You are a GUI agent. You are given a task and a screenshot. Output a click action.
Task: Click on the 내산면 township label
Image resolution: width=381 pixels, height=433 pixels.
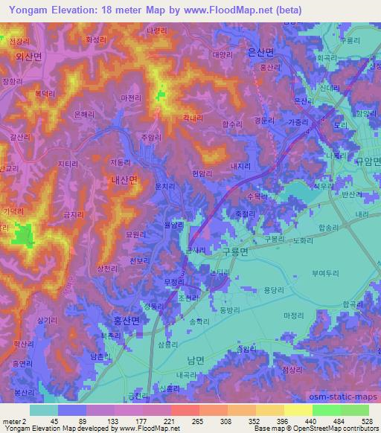click(124, 179)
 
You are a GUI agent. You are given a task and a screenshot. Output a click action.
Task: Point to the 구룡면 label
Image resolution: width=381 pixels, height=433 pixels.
click(237, 252)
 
